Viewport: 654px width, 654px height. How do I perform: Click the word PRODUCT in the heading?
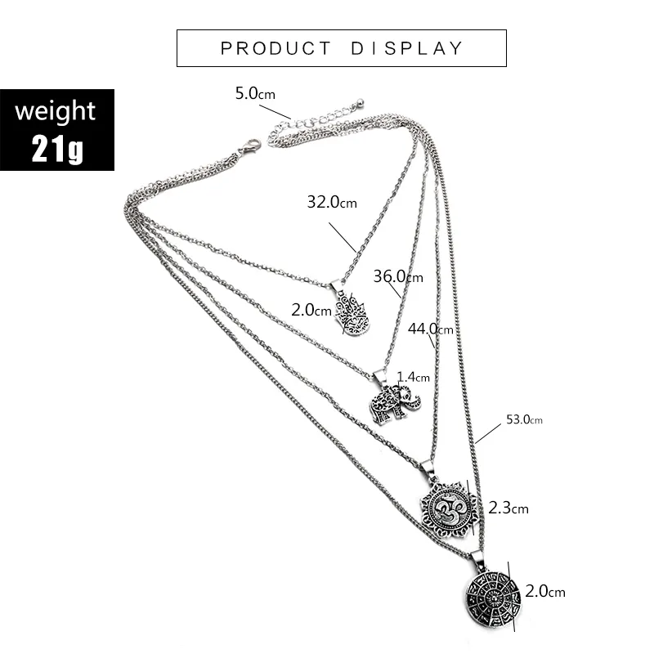[x=275, y=48]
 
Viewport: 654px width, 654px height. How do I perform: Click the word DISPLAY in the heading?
[x=406, y=48]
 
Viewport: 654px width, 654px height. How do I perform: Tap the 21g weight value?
[x=57, y=149]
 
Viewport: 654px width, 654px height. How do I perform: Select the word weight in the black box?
[x=55, y=111]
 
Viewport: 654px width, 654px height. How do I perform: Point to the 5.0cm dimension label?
[x=255, y=93]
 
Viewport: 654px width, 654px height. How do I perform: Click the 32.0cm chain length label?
[x=332, y=202]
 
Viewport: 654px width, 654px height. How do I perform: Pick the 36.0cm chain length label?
[x=398, y=276]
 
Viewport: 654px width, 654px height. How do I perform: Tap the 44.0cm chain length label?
[x=431, y=329]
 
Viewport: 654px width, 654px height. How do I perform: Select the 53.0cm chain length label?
[x=524, y=419]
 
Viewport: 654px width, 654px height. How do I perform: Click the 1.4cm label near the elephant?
[x=413, y=377]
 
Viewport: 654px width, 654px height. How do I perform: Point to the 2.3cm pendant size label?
[x=508, y=508]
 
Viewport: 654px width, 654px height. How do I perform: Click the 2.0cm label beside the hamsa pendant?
[x=311, y=310]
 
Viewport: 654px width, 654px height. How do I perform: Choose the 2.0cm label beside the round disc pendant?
[x=544, y=591]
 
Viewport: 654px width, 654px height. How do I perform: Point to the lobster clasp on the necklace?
[x=249, y=147]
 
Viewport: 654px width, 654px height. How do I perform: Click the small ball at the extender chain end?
[x=360, y=101]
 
